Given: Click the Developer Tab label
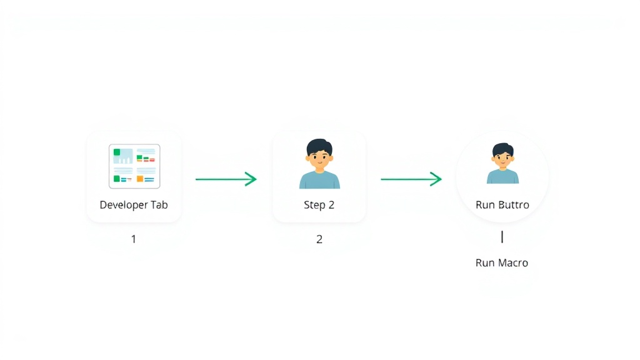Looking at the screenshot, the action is coord(134,205).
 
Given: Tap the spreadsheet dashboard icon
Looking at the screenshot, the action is coord(134,166).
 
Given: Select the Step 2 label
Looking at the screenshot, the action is coord(319,205).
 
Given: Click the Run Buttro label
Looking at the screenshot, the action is coord(502,204).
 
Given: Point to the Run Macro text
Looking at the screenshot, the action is coord(502,262).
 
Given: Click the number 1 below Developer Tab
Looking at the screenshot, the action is coord(134,239).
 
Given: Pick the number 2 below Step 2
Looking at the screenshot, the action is coord(319,239).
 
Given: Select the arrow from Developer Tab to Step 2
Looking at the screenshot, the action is coord(226,179).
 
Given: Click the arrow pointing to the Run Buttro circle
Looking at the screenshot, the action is coord(411,179).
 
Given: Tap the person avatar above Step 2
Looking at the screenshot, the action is coord(319,164).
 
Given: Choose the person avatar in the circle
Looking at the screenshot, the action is coord(503,163).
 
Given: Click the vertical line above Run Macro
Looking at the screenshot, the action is coord(502,237).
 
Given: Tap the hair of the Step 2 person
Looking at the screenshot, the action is coord(319,146).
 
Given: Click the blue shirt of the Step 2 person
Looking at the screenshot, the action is coord(319,180).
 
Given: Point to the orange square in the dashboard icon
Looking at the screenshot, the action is coord(140,179).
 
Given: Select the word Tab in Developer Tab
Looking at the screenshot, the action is coord(159,204).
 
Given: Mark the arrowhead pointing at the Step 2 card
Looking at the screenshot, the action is coord(251,179).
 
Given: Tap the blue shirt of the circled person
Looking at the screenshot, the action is coord(503,177).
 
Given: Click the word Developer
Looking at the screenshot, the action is coord(124,205).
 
